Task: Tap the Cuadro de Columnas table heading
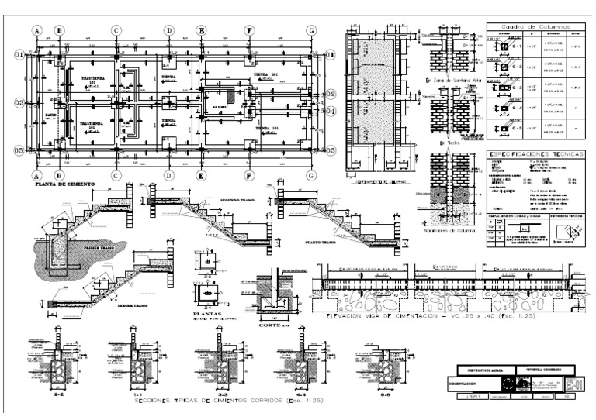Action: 534,26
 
